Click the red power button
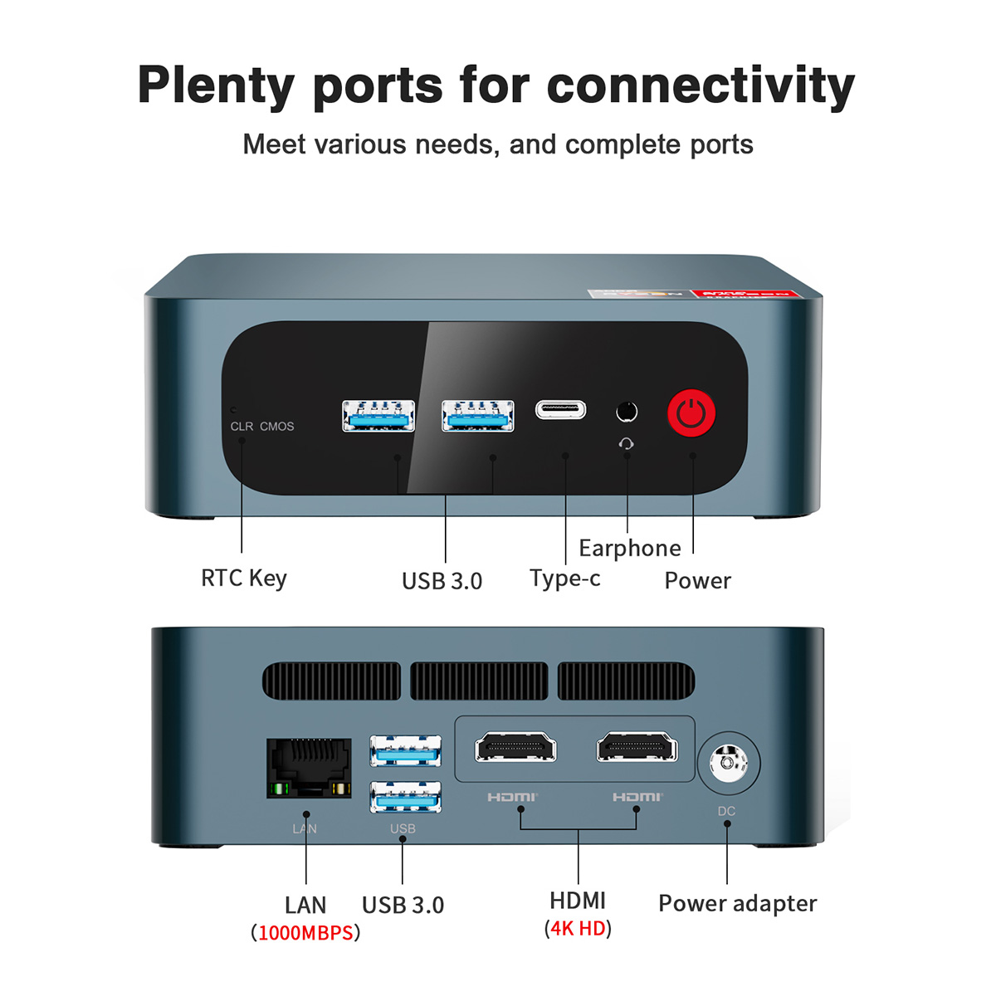click(691, 413)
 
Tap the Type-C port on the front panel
click(560, 409)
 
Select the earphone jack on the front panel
click(627, 412)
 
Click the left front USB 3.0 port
click(378, 416)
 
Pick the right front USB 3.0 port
click(477, 416)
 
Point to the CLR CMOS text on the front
click(262, 427)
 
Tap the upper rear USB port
click(405, 750)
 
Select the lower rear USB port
click(405, 797)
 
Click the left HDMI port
click(515, 747)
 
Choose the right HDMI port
click(637, 747)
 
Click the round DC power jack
click(728, 762)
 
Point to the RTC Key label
click(244, 578)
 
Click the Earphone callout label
click(630, 549)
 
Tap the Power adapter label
click(737, 903)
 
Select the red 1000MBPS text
click(305, 933)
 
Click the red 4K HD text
click(578, 928)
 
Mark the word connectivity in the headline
click(701, 86)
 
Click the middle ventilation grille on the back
click(479, 681)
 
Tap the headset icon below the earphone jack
click(627, 444)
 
